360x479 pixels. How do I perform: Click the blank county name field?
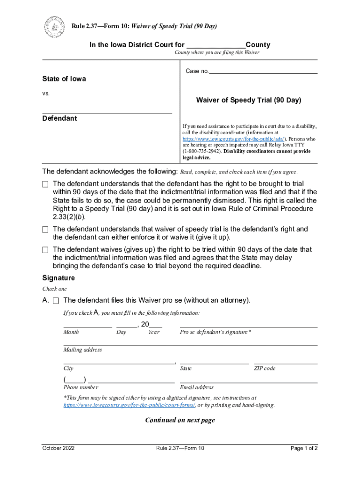216,45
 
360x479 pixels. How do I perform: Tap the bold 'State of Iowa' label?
64,79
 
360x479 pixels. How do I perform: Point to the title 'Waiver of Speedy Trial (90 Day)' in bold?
249,100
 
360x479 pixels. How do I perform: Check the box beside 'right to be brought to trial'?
45,184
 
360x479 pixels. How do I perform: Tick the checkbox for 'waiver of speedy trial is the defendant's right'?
45,229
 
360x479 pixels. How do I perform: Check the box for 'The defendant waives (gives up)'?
45,250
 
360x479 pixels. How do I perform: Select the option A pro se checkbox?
56,300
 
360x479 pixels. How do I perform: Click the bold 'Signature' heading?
58,278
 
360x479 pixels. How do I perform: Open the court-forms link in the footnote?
129,405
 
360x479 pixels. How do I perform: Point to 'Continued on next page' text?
180,420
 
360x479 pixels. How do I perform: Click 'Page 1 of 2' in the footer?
304,448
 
